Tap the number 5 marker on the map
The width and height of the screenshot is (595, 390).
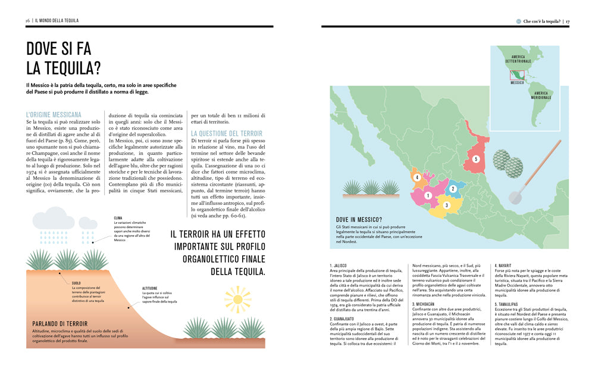pos(475,159)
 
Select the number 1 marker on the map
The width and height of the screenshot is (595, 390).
pos(428,195)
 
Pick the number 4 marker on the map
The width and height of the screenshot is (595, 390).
pos(417,177)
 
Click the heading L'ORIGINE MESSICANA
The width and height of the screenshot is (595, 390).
pos(54,113)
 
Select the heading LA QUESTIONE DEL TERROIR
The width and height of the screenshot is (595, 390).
pos(227,133)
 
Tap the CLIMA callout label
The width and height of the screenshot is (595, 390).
pos(118,218)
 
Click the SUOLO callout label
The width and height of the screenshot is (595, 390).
pos(76,283)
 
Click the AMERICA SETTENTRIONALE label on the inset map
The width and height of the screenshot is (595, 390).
pos(517,58)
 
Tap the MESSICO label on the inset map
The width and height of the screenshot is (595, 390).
pos(517,83)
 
